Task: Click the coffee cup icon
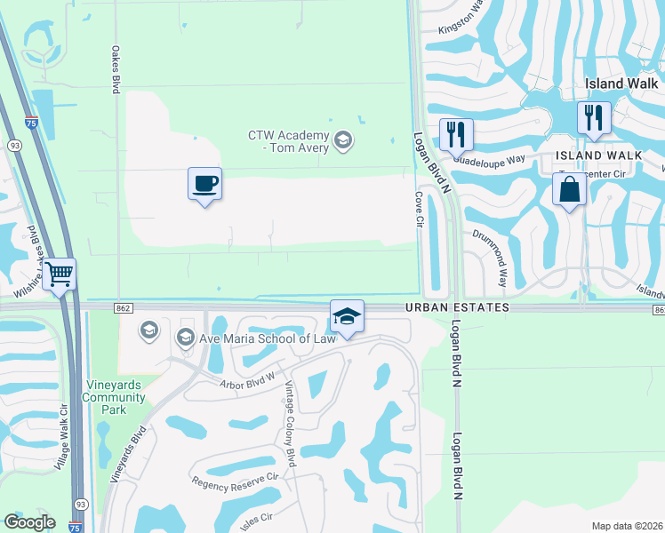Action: (x=205, y=184)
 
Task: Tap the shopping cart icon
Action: (x=60, y=274)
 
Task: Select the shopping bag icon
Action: (x=569, y=189)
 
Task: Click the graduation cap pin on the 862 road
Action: (x=347, y=316)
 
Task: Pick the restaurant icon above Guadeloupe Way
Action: (x=456, y=135)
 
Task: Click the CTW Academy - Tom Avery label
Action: (x=288, y=141)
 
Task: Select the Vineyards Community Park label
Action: (x=115, y=397)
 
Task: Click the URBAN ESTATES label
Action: (x=458, y=307)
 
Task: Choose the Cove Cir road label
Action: (x=418, y=209)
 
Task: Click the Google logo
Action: (x=29, y=522)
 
